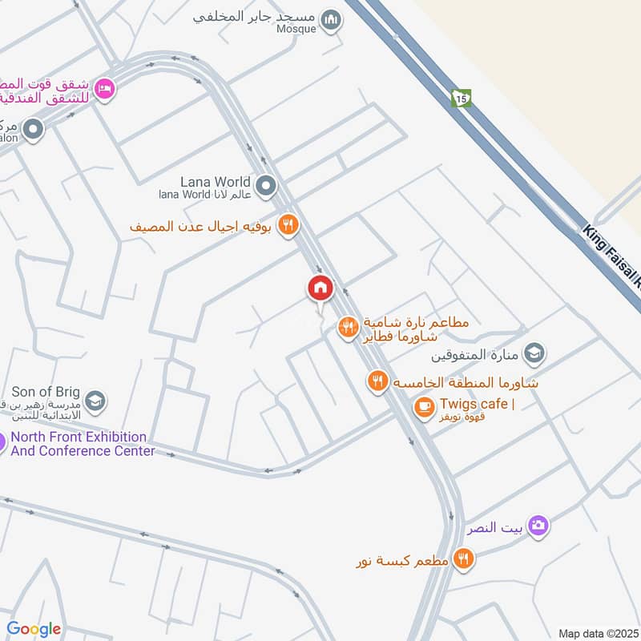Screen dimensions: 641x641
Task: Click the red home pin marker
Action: coord(320,288)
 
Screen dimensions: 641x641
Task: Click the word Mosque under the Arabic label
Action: coord(297,29)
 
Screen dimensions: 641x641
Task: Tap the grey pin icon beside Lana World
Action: coord(267,187)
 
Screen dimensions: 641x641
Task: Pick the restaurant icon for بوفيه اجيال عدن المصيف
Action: coord(288,226)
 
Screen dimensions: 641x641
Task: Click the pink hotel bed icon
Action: coord(103,89)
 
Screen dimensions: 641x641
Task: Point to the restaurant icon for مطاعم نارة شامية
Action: coord(347,327)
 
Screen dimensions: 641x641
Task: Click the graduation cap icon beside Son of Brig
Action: coord(95,400)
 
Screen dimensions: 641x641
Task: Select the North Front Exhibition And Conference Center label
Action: coord(83,444)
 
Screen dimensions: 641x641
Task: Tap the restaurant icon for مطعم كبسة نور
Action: coord(463,558)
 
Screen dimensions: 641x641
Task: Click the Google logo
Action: coord(34,629)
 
